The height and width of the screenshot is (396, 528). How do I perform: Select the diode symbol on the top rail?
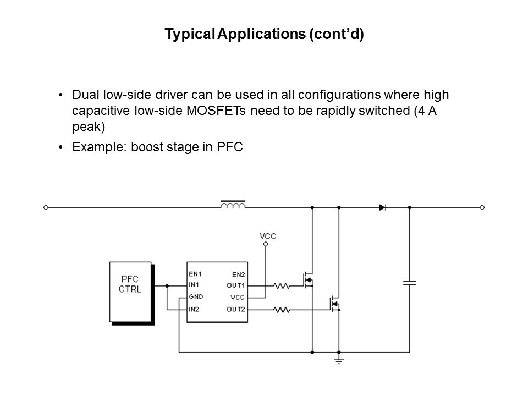(383, 207)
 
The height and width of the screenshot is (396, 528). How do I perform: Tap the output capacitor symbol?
(409, 282)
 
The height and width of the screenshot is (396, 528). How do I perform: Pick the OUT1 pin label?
(236, 285)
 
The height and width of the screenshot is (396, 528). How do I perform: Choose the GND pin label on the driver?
(196, 298)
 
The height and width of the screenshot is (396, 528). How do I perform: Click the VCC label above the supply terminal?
(267, 236)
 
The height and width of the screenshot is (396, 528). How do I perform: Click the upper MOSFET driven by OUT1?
(309, 280)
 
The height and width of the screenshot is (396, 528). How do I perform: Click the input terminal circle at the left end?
(46, 207)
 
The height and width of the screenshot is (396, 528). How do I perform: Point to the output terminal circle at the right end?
(482, 207)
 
